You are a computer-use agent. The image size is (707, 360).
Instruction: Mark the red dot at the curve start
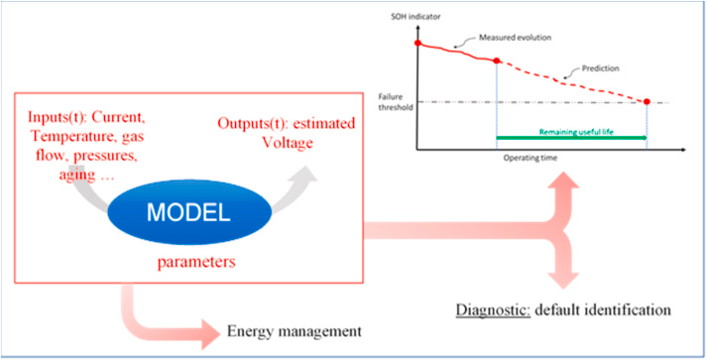(417, 44)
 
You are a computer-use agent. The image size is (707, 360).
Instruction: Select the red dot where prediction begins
(496, 60)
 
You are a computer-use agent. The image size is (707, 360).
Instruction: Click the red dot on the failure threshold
(647, 102)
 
